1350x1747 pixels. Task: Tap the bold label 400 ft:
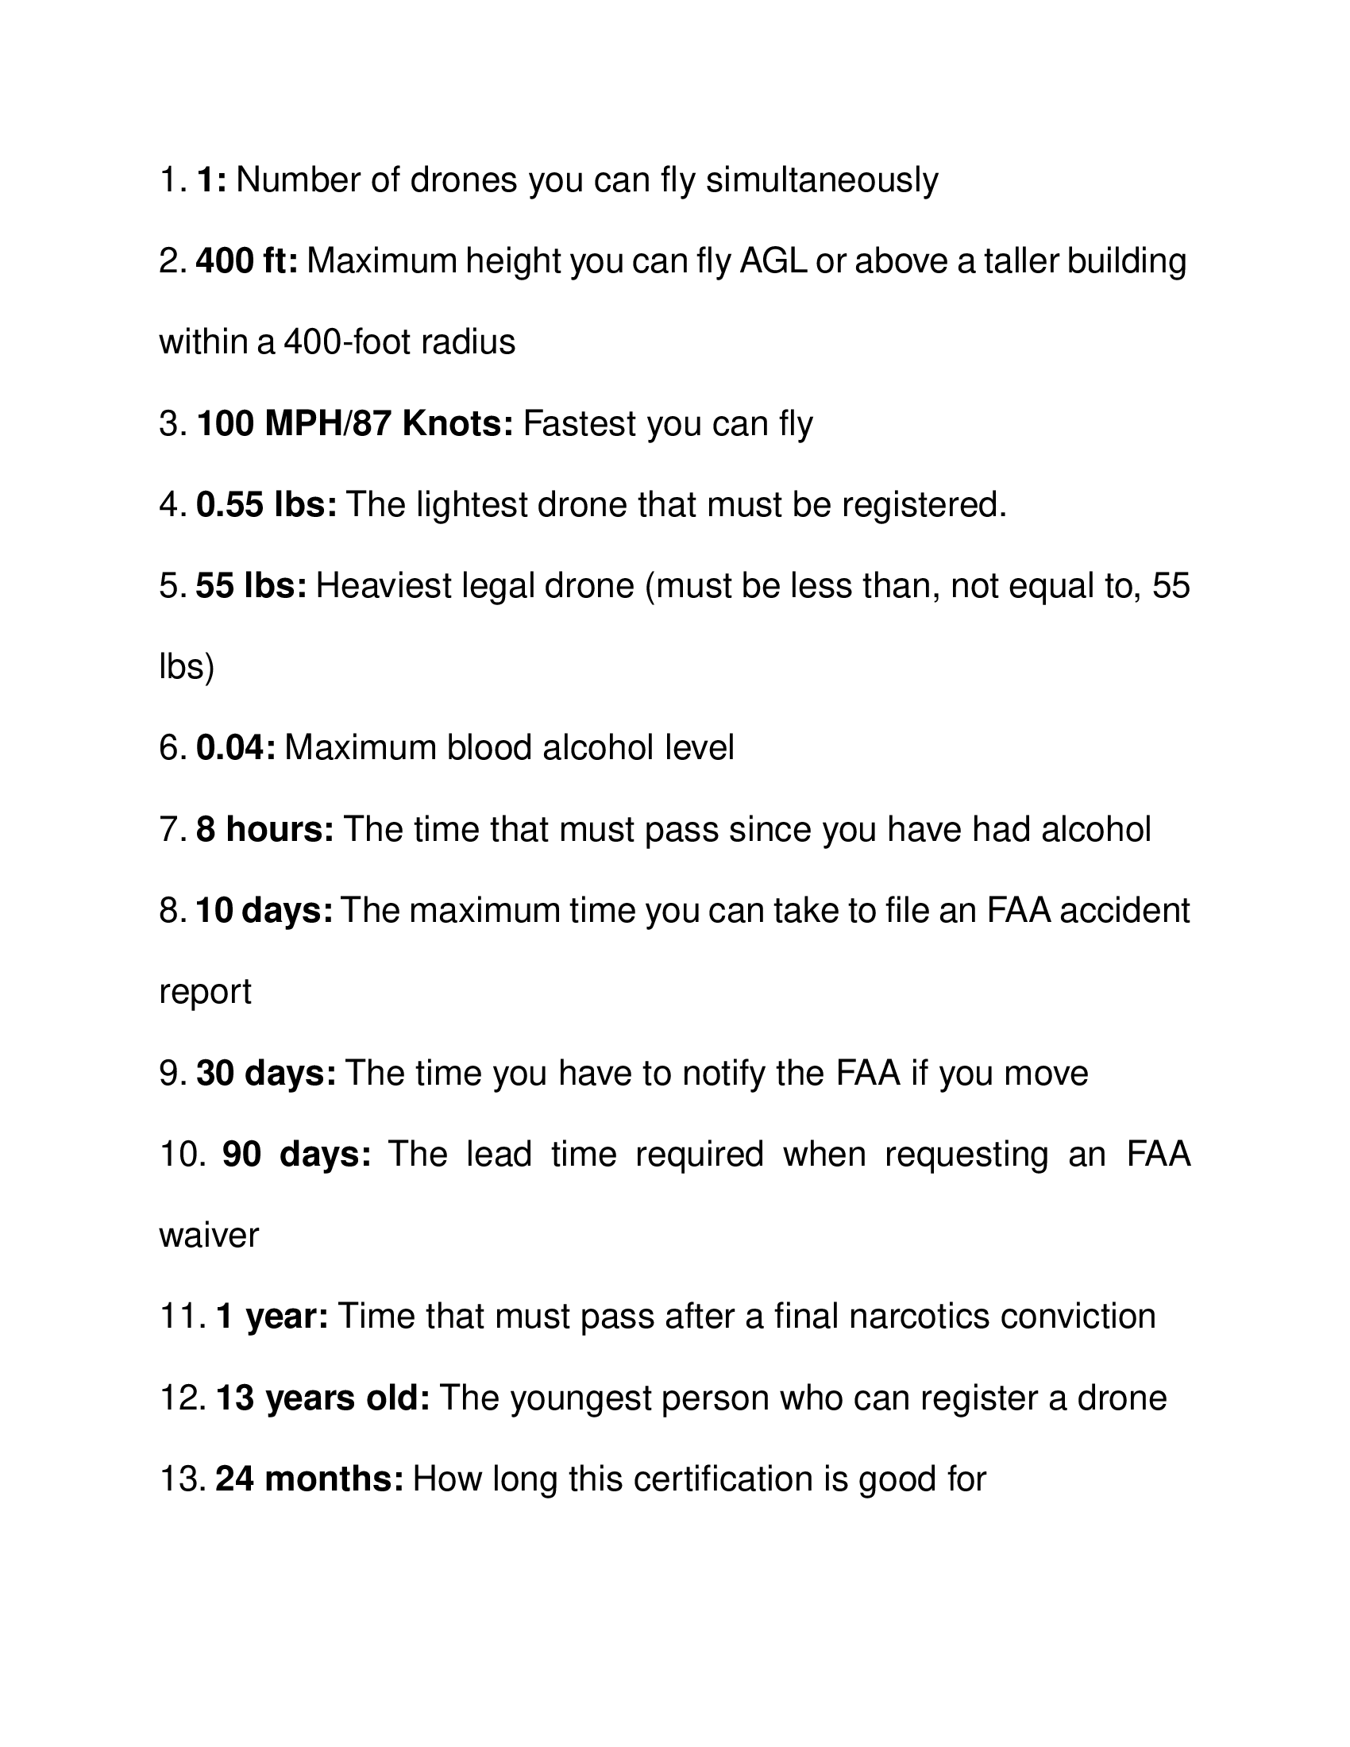point(246,261)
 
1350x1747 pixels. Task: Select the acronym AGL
point(773,261)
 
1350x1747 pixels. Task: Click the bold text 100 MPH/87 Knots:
point(355,424)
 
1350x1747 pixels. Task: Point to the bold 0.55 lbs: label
point(266,506)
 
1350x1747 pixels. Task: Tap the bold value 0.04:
point(236,749)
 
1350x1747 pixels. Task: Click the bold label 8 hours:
point(264,831)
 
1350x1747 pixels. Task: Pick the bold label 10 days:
point(264,911)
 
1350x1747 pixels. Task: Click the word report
point(206,993)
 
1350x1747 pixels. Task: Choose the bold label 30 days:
point(266,1074)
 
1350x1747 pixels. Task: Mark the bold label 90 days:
point(297,1155)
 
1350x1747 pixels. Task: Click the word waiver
point(210,1236)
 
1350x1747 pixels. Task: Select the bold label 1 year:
point(272,1317)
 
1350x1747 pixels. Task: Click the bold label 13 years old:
point(323,1398)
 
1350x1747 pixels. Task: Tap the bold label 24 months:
point(310,1480)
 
